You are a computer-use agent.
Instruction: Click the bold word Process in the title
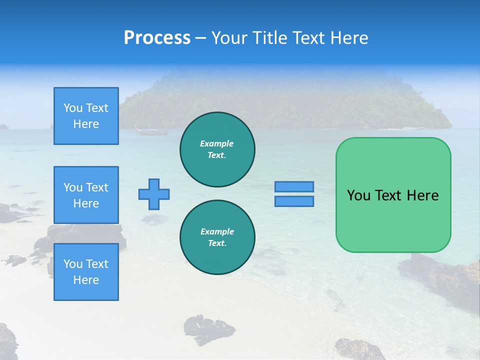pyautogui.click(x=157, y=38)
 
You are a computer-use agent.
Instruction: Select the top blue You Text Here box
pyautogui.click(x=86, y=116)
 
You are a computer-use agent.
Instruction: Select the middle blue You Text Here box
pyautogui.click(x=86, y=195)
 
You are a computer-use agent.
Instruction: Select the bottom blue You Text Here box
pyautogui.click(x=86, y=272)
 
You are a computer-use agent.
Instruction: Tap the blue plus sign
pyautogui.click(x=154, y=194)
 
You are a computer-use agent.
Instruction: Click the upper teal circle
pyautogui.click(x=217, y=149)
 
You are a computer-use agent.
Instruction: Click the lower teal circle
pyautogui.click(x=217, y=237)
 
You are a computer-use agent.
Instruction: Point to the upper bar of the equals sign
pyautogui.click(x=294, y=186)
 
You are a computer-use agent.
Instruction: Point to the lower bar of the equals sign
pyautogui.click(x=294, y=201)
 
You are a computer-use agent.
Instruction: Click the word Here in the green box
pyautogui.click(x=422, y=195)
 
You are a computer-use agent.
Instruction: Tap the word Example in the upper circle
pyautogui.click(x=216, y=143)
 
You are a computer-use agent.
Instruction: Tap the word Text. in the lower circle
pyautogui.click(x=217, y=243)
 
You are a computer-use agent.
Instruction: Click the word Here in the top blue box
pyautogui.click(x=86, y=124)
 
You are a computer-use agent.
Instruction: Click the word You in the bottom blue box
pyautogui.click(x=73, y=264)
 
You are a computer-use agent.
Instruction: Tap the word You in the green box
pyautogui.click(x=358, y=195)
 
